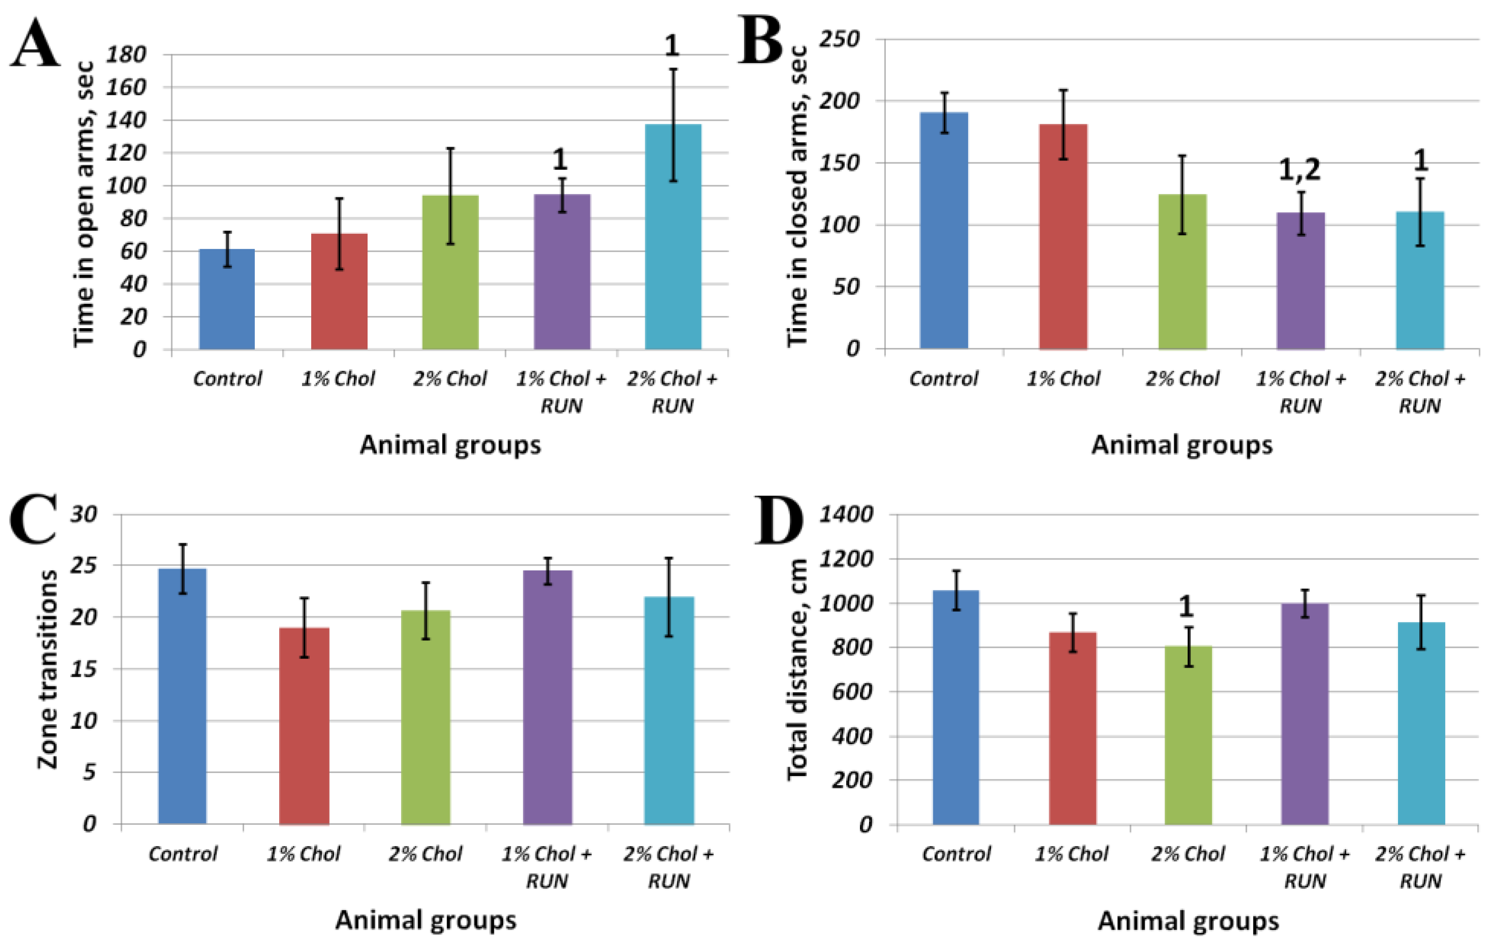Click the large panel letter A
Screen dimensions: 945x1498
point(36,44)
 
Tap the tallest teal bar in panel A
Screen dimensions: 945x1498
point(673,237)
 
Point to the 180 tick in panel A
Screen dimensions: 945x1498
point(126,55)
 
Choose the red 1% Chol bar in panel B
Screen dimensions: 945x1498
point(1063,237)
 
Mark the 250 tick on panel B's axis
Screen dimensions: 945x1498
point(839,40)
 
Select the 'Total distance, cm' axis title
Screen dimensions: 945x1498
point(797,670)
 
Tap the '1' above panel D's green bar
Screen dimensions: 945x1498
point(1186,607)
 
